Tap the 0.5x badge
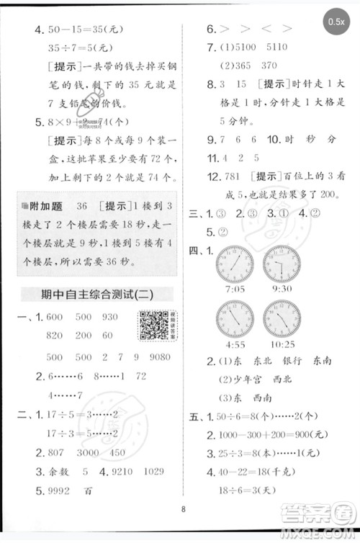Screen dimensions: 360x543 [335, 22]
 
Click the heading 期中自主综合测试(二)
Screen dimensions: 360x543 [98, 294]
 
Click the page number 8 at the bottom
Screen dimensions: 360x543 [184, 512]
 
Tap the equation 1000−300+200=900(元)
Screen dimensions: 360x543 [277, 435]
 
